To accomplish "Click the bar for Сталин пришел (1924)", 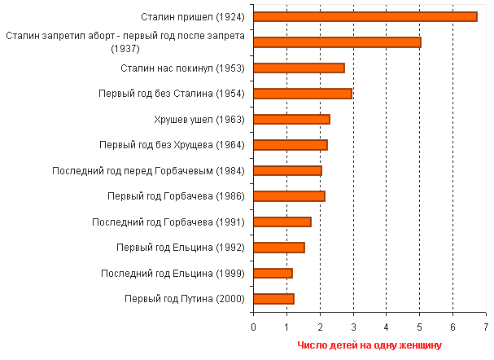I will pyautogui.click(x=365, y=16).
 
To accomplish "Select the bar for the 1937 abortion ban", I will pyautogui.click(x=337, y=42).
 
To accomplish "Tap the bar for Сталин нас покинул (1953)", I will pyautogui.click(x=299, y=68).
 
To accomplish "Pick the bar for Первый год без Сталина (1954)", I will pyautogui.click(x=302, y=94).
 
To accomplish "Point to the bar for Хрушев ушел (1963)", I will pyautogui.click(x=291, y=119).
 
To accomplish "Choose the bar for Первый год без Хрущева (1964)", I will pyautogui.click(x=290, y=145).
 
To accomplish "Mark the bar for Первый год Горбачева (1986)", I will pyautogui.click(x=289, y=196).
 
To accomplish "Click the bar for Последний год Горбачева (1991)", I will pyautogui.click(x=282, y=222).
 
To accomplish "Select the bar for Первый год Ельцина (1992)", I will pyautogui.click(x=278, y=248).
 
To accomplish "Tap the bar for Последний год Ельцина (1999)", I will pyautogui.click(x=273, y=273).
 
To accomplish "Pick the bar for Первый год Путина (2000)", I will pyautogui.click(x=273, y=299).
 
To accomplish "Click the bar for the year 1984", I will pyautogui.click(x=287, y=170).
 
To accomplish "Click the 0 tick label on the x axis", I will pyautogui.click(x=254, y=327).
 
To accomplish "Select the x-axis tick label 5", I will pyautogui.click(x=419, y=327).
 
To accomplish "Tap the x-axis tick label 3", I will pyautogui.click(x=353, y=327).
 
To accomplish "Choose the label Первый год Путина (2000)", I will pyautogui.click(x=184, y=299).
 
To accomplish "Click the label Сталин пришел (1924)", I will pyautogui.click(x=194, y=16).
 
